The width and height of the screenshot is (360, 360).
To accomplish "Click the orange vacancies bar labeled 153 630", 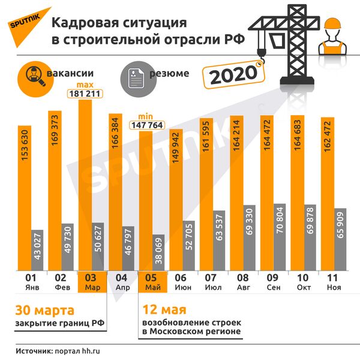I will coord(25,198).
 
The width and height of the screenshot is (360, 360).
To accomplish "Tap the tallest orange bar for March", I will coord(85,186).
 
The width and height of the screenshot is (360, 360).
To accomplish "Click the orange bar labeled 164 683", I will coord(297,192).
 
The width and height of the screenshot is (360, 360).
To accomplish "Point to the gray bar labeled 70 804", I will coord(280,238).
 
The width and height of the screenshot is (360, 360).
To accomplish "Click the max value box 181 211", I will coord(86,94).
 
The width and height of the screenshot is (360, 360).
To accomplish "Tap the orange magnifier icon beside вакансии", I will coord(34,74).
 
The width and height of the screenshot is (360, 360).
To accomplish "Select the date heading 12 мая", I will coord(164,310).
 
